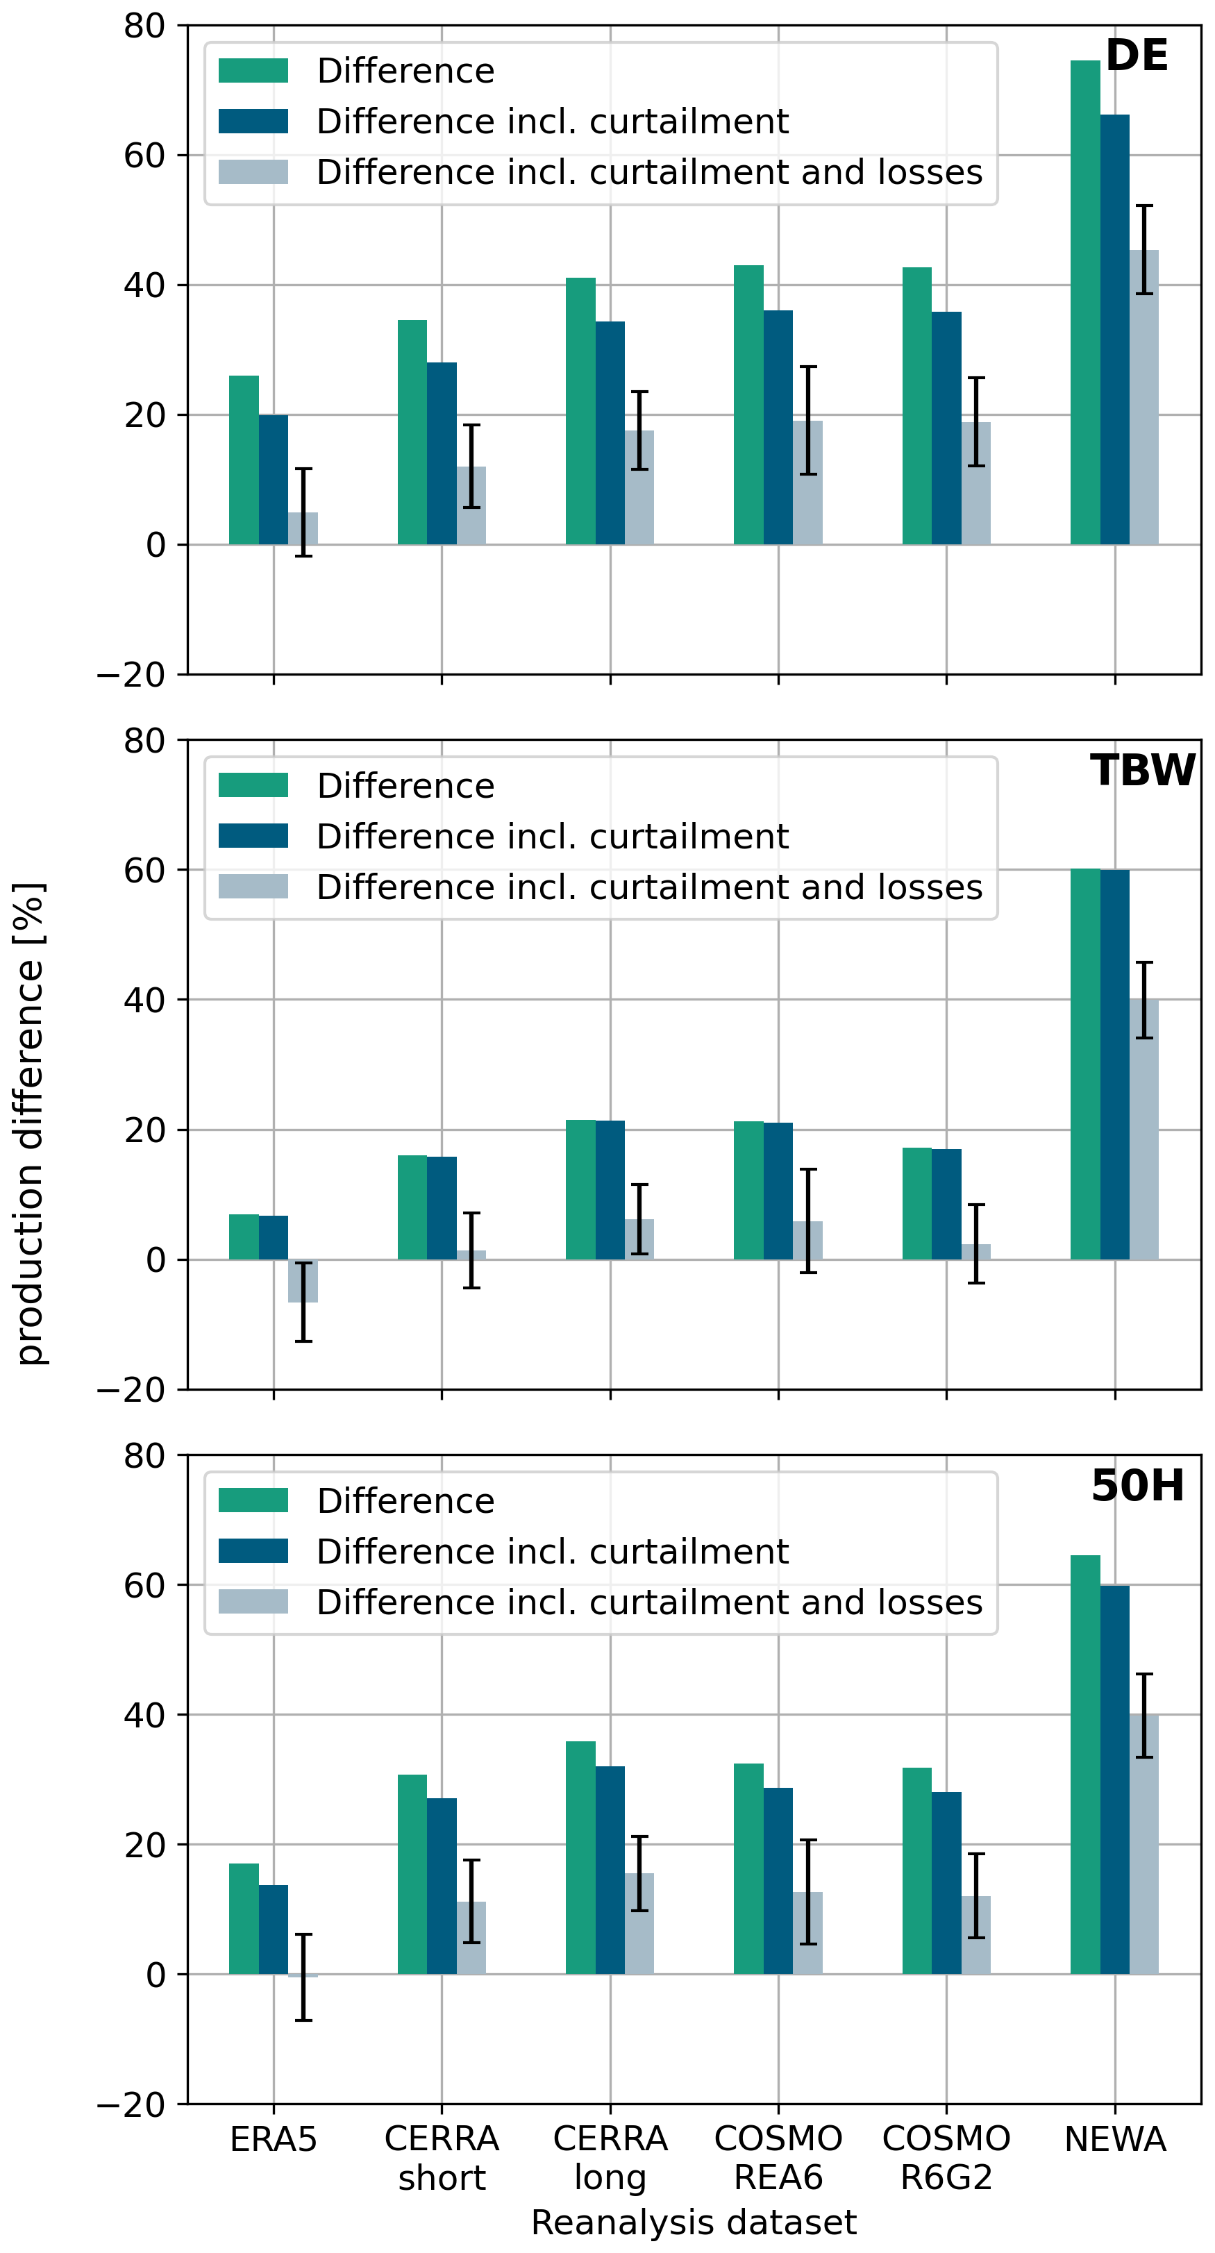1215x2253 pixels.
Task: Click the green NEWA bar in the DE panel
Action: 1084,302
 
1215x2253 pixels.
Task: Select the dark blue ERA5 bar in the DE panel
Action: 273,479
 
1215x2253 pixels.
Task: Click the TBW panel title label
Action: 1142,771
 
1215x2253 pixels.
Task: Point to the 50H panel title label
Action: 1137,1486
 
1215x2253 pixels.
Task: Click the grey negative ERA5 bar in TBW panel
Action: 303,1281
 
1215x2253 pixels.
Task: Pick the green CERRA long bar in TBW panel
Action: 580,1189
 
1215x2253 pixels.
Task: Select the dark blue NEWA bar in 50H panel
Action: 1114,1779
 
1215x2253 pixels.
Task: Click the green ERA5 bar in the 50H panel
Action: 244,1919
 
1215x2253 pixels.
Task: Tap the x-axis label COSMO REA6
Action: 778,2158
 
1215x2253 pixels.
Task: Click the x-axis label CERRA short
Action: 442,2158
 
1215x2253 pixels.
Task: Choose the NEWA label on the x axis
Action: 1115,2139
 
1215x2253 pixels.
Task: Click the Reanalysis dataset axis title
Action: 694,2222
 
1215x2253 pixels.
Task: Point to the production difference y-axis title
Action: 30,1124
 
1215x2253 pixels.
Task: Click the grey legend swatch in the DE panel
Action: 253,171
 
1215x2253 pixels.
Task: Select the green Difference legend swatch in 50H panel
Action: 253,1500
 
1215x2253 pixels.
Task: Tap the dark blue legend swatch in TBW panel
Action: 253,835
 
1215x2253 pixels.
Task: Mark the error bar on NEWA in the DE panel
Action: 1144,249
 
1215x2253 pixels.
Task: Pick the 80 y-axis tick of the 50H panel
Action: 144,1456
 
